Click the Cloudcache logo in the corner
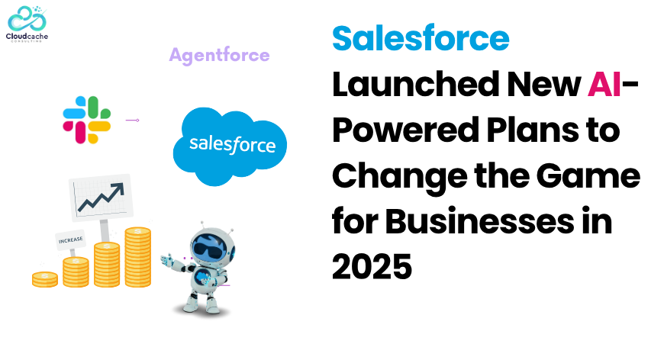pyautogui.click(x=27, y=24)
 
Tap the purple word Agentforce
pyautogui.click(x=219, y=56)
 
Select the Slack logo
pyautogui.click(x=87, y=120)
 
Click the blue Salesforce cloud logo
pyautogui.click(x=230, y=146)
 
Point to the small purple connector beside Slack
pyautogui.click(x=133, y=121)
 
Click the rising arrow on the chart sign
pyautogui.click(x=102, y=197)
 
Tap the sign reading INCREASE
pyautogui.click(x=71, y=240)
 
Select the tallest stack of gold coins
pyautogui.click(x=137, y=257)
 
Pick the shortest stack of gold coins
pyautogui.click(x=45, y=279)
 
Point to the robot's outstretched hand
pyautogui.click(x=167, y=259)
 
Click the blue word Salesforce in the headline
pyautogui.click(x=421, y=38)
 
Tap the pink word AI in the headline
pyautogui.click(x=604, y=84)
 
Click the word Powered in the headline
pyautogui.click(x=406, y=130)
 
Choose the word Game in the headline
pyautogui.click(x=588, y=175)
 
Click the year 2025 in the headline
pyautogui.click(x=372, y=267)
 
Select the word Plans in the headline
pyautogui.click(x=533, y=130)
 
